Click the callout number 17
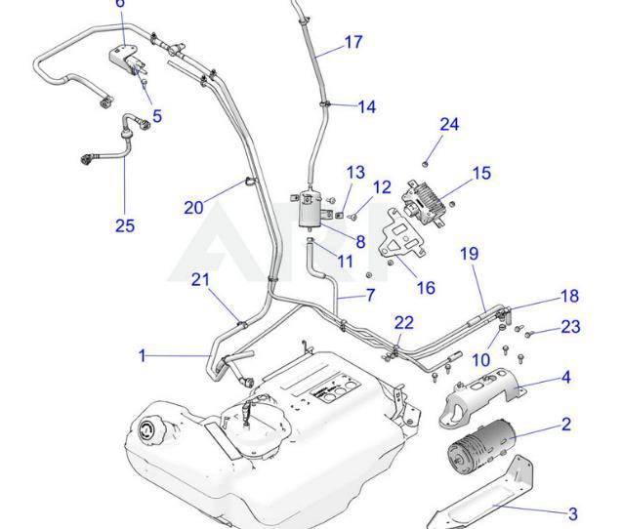tap(352, 42)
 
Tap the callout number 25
tap(124, 225)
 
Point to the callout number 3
tap(572, 513)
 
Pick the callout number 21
tap(201, 280)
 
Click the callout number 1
tap(143, 356)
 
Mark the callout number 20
tap(193, 207)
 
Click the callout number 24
tap(448, 124)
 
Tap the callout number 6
tap(119, 4)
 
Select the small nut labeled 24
tap(426, 160)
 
